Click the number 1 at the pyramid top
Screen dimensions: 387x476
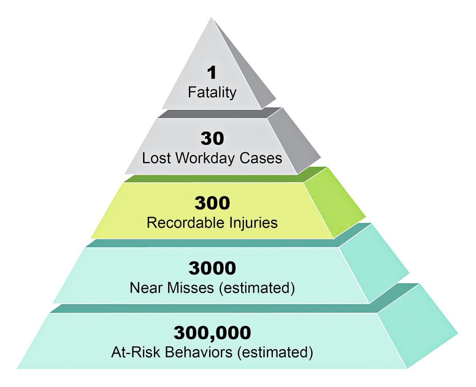point(212,73)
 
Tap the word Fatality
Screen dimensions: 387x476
point(212,92)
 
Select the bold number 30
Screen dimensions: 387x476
point(212,139)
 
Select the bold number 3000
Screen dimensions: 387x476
point(212,268)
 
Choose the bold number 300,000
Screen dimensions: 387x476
point(212,333)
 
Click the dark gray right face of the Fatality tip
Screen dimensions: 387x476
point(246,75)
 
